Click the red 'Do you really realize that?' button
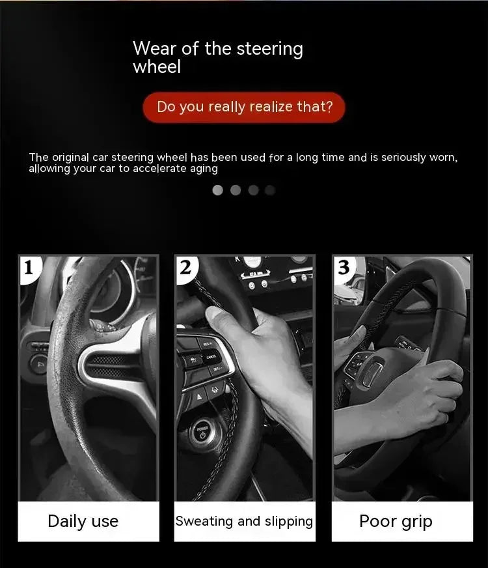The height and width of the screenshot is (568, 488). tap(244, 107)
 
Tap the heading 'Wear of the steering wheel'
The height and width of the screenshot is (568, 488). tap(217, 57)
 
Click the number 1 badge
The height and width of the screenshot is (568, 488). tap(29, 268)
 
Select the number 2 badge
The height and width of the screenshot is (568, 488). tap(185, 268)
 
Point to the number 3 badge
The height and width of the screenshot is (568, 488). tap(344, 268)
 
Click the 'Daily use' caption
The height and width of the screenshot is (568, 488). tap(83, 521)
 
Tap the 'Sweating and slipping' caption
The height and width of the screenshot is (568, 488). tap(244, 521)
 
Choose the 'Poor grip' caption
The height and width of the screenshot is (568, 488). tap(396, 521)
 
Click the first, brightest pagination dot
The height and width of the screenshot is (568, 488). tap(218, 190)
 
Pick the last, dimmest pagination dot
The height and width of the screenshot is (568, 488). tap(271, 190)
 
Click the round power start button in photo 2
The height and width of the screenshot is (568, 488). tap(202, 432)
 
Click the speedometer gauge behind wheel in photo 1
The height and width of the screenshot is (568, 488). tap(124, 287)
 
